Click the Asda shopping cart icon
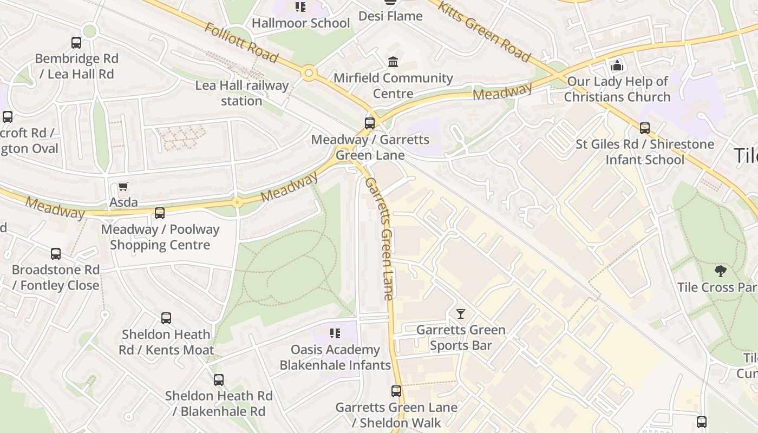(123, 187)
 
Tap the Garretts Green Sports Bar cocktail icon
(460, 314)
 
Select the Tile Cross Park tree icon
(720, 271)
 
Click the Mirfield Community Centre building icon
(393, 62)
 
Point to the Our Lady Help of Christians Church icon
(617, 66)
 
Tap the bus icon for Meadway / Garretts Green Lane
(370, 123)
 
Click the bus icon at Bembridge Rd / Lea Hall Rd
(76, 43)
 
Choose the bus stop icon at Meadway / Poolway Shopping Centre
(160, 213)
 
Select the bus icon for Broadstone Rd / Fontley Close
(56, 254)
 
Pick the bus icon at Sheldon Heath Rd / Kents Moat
(166, 318)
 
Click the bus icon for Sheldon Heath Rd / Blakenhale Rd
(218, 380)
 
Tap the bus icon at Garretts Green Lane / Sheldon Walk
(396, 391)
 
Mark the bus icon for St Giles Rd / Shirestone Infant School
(644, 128)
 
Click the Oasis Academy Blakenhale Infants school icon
(335, 333)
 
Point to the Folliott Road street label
(241, 43)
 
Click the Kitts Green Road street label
(483, 31)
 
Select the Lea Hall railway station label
(242, 93)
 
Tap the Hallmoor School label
(300, 23)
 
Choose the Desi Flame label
(390, 16)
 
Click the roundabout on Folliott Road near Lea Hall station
(309, 73)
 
